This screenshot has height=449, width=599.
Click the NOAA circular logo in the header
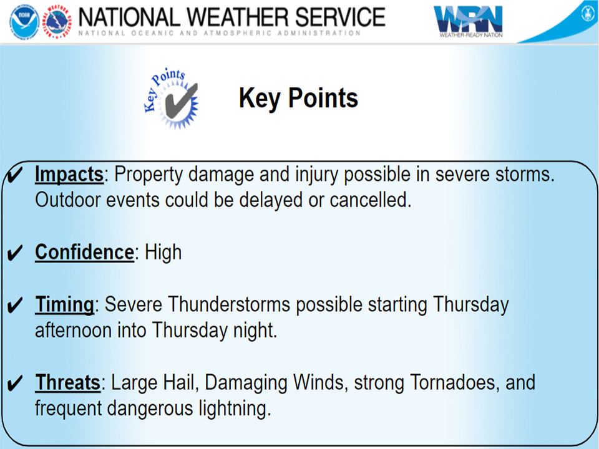(24, 22)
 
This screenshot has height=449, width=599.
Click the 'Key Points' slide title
(298, 99)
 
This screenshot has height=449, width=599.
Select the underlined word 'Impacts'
(69, 175)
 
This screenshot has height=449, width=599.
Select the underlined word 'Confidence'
(84, 253)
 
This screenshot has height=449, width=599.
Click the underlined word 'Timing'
(64, 305)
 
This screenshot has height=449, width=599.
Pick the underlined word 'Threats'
(67, 382)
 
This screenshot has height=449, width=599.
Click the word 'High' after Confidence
(163, 253)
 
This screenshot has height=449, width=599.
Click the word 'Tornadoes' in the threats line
(449, 382)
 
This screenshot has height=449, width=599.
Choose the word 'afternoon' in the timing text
(74, 331)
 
